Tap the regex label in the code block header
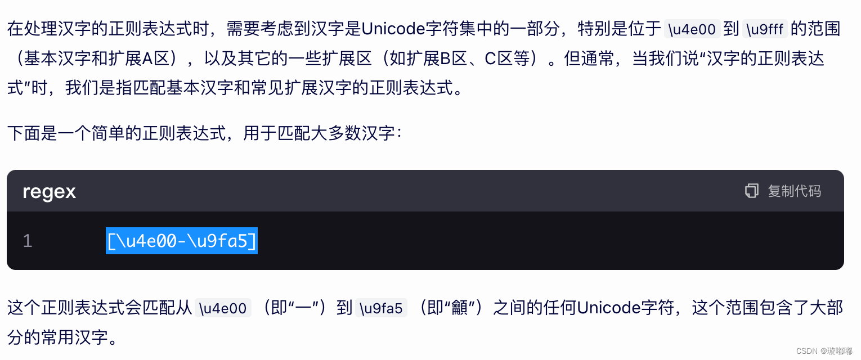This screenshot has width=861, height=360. click(x=49, y=192)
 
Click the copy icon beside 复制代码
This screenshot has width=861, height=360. click(x=751, y=191)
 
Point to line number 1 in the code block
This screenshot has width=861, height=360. click(x=28, y=241)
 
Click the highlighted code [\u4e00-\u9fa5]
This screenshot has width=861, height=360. click(x=182, y=241)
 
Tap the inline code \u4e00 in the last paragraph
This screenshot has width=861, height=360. click(x=223, y=308)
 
